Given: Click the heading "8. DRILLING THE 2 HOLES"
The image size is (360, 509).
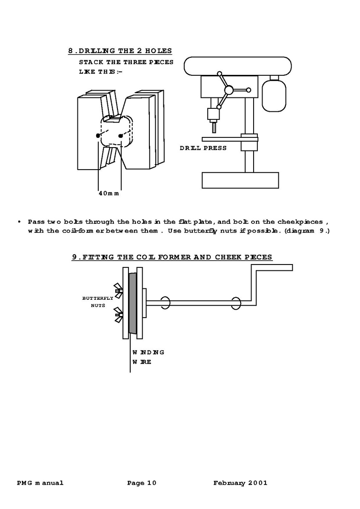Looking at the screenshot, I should click(x=120, y=51).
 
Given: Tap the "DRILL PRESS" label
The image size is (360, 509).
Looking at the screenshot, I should click(x=203, y=148).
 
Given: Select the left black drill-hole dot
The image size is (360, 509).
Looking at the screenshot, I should click(x=98, y=135).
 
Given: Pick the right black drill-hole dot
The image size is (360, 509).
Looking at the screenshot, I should click(x=121, y=136).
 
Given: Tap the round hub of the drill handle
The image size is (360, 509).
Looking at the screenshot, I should click(x=229, y=90).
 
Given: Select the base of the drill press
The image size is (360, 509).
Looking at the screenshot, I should click(x=240, y=180).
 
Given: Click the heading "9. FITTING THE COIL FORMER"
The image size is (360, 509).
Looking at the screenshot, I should click(x=172, y=257).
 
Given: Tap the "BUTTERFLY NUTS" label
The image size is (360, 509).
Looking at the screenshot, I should click(x=98, y=301).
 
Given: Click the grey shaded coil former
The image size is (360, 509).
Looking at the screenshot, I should click(x=132, y=303).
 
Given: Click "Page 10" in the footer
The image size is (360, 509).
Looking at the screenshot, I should click(x=142, y=483).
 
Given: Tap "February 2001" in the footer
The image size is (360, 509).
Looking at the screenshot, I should click(x=240, y=483).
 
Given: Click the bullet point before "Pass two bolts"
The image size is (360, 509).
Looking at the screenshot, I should click(x=20, y=222).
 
